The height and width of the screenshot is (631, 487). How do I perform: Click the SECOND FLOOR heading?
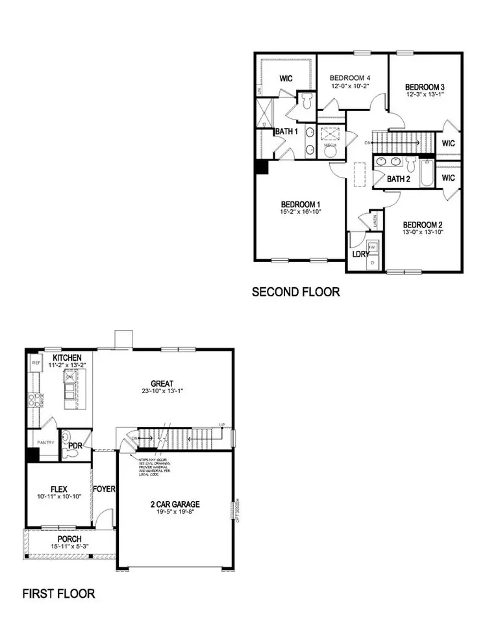(295, 292)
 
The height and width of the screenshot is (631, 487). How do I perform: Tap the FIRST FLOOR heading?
(59, 593)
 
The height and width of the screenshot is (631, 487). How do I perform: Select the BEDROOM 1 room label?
(300, 204)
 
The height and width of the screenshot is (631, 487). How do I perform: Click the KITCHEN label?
(67, 358)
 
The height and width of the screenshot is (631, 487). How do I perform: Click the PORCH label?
(69, 539)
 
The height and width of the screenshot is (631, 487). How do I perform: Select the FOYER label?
(104, 488)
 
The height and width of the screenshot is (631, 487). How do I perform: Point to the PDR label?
(75, 447)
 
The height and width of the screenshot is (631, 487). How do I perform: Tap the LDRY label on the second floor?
(360, 254)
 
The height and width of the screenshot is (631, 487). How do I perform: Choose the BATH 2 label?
(398, 179)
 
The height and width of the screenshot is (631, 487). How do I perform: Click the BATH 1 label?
(286, 132)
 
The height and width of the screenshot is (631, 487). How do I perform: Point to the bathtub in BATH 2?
(425, 172)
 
